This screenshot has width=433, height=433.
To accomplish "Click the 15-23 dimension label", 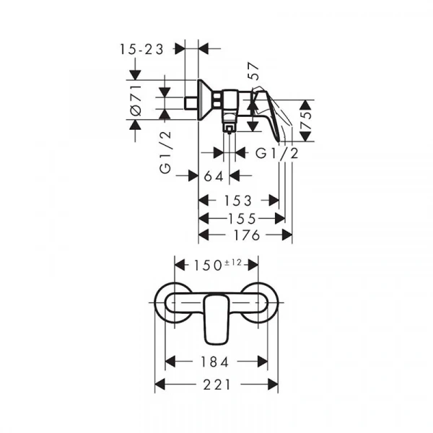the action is (x=141, y=50).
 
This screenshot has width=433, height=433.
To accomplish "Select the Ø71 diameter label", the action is (x=136, y=100).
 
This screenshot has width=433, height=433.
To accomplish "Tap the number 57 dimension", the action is (x=253, y=71).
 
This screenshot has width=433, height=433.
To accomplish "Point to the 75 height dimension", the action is (x=306, y=121).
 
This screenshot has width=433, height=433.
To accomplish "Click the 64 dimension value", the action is (x=214, y=177).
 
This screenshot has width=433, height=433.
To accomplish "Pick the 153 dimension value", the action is (x=238, y=201).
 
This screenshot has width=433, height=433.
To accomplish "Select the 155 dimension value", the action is (x=242, y=219).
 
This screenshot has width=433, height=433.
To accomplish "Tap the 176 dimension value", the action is (x=247, y=235).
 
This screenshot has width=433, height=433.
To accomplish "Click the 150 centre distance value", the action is (x=208, y=266).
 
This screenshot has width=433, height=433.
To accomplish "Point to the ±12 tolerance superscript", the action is (x=233, y=263).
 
